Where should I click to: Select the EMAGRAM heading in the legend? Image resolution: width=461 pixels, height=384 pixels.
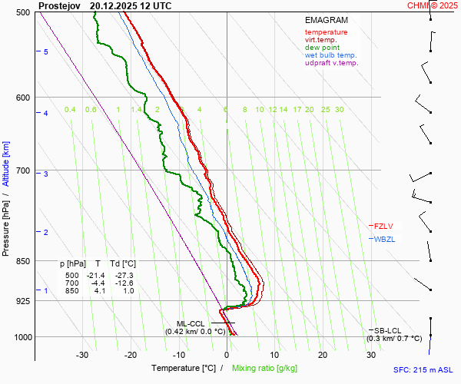click(326, 20)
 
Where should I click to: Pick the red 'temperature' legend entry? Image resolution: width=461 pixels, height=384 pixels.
click(326, 32)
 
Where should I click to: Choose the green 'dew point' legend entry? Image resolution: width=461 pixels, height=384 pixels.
click(322, 48)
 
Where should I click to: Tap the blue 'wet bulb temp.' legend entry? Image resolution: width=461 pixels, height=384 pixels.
click(330, 55)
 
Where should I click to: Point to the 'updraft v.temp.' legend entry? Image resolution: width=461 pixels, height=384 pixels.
click(331, 63)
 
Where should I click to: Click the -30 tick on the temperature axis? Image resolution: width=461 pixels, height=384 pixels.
click(83, 355)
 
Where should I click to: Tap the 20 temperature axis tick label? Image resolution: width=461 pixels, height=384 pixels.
click(323, 355)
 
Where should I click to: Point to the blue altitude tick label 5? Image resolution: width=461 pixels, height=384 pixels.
click(46, 51)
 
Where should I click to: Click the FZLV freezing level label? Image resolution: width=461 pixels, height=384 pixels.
click(382, 226)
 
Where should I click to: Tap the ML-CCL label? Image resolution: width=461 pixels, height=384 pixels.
click(191, 323)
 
